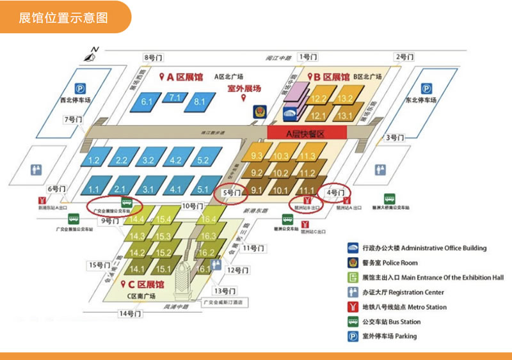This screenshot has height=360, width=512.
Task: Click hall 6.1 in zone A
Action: pos(148,102)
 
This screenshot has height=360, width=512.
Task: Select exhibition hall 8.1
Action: pos(200,101)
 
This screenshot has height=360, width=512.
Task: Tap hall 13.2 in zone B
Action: pos(346,98)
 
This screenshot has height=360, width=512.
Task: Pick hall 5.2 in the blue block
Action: pos(204,160)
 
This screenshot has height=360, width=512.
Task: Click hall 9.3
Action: pos(258,156)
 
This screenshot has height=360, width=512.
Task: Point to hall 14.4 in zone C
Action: pos(137,219)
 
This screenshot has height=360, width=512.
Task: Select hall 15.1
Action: pos(163,269)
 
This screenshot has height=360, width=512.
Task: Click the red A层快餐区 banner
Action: pos(307,132)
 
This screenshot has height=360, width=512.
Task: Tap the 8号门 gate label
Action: pos(154,58)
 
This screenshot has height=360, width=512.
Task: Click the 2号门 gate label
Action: pos(404,57)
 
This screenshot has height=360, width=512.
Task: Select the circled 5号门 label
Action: pos(230,192)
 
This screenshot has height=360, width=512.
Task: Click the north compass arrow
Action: pos(93,53)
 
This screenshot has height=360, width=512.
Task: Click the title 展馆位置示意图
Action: pos(63,17)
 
